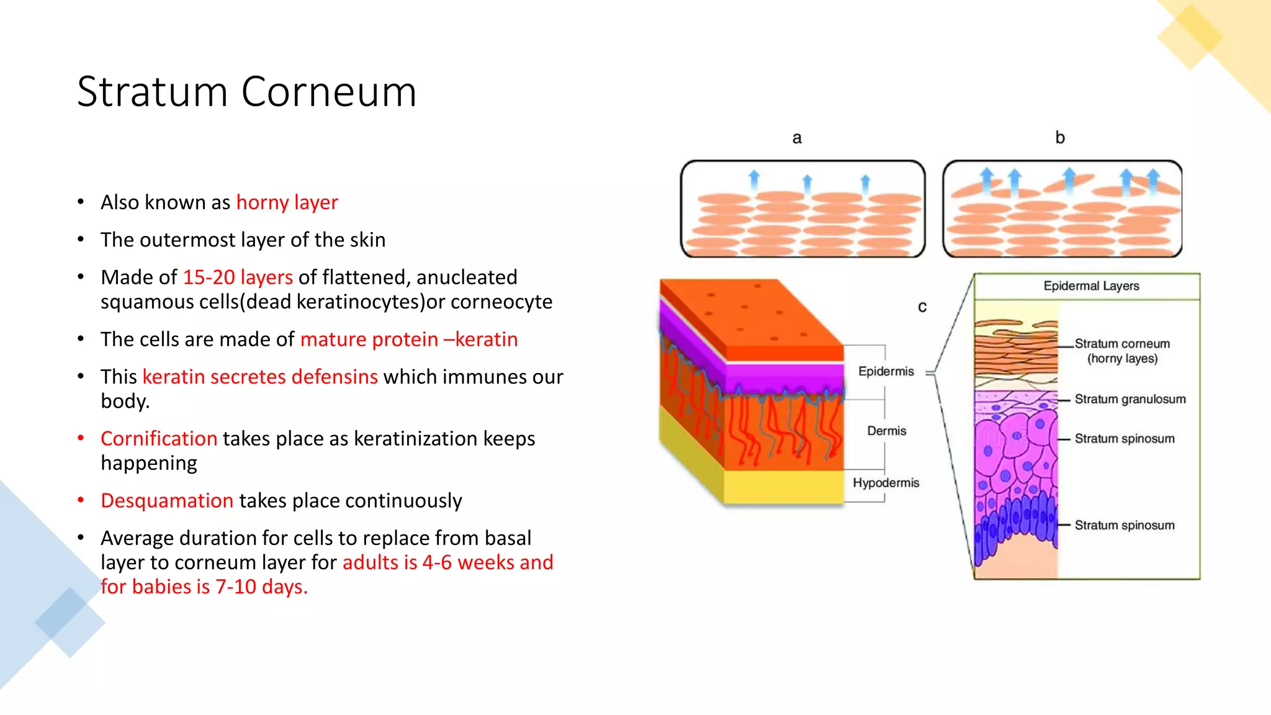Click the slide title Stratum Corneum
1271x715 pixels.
(246, 92)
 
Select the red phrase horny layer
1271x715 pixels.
(287, 202)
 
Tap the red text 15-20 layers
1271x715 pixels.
(238, 277)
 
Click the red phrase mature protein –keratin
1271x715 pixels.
(408, 339)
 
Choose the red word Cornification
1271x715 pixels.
(159, 438)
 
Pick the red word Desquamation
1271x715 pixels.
(167, 500)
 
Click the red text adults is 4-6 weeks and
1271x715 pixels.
(447, 562)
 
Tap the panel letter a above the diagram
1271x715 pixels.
(797, 138)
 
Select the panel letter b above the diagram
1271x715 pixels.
(1060, 137)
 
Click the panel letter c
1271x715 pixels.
(922, 307)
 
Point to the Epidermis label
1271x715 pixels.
(886, 371)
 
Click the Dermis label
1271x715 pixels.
(886, 431)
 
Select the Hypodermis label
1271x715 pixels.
(886, 483)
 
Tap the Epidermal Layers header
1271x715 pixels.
(1091, 286)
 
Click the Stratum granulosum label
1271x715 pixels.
(1130, 399)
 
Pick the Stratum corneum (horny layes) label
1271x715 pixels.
(1122, 351)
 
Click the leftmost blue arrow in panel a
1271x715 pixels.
(754, 179)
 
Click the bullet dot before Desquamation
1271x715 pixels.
(81, 500)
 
